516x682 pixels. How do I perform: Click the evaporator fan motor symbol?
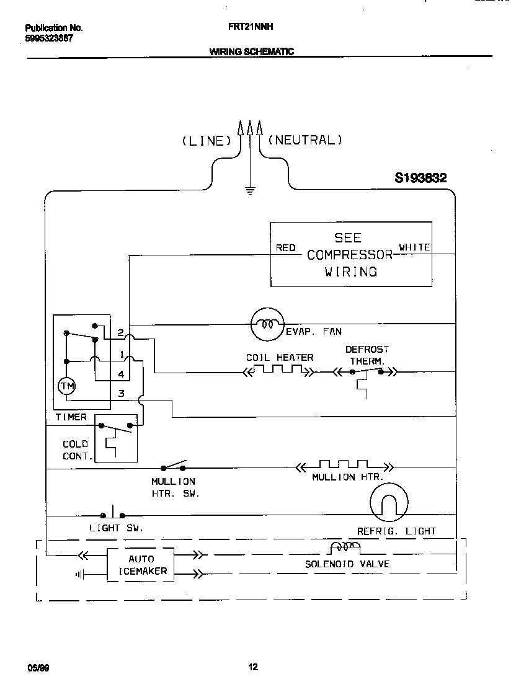coord(267,324)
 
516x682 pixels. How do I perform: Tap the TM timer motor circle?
coord(66,386)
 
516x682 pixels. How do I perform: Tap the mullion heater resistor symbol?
coord(344,466)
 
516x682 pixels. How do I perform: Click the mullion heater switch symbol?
coord(174,466)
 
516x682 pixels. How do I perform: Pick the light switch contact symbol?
coord(113,514)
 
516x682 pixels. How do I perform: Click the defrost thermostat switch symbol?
coord(367,373)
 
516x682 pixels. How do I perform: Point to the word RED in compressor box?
coord(285,248)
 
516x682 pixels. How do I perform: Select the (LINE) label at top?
coord(206,141)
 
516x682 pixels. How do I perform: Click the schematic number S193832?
coord(420,178)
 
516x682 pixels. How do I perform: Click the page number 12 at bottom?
coord(253,667)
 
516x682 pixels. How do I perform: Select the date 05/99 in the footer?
coord(38,668)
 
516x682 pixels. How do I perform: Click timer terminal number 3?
coord(122,393)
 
